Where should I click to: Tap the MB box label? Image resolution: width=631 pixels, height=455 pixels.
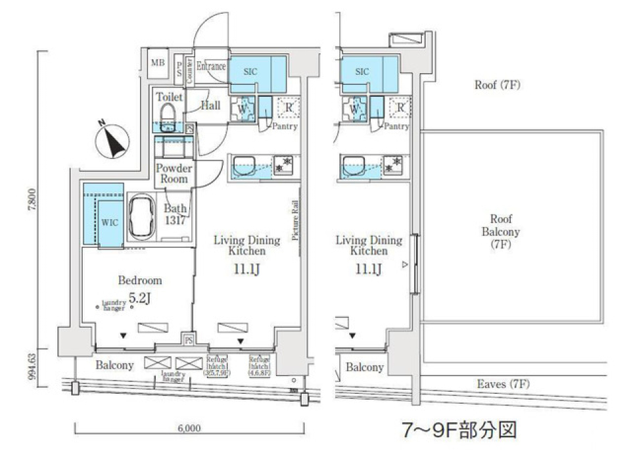[x=157, y=63]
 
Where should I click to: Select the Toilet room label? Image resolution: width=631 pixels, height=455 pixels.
[x=170, y=97]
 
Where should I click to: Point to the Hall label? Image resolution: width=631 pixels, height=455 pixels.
[x=210, y=105]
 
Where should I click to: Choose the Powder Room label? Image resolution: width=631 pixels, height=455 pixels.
[x=174, y=173]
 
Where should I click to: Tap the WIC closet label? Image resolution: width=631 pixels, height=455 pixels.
[x=109, y=222]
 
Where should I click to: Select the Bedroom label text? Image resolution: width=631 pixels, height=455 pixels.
[x=139, y=280]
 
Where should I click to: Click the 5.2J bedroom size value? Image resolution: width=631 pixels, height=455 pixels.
[x=141, y=297]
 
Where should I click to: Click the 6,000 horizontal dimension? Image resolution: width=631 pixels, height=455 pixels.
[x=189, y=428]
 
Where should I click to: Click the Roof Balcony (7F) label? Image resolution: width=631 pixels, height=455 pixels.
[x=501, y=232]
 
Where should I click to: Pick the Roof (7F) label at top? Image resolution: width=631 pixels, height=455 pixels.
[x=497, y=85]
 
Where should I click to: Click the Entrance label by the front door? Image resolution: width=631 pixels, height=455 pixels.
[x=211, y=66]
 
